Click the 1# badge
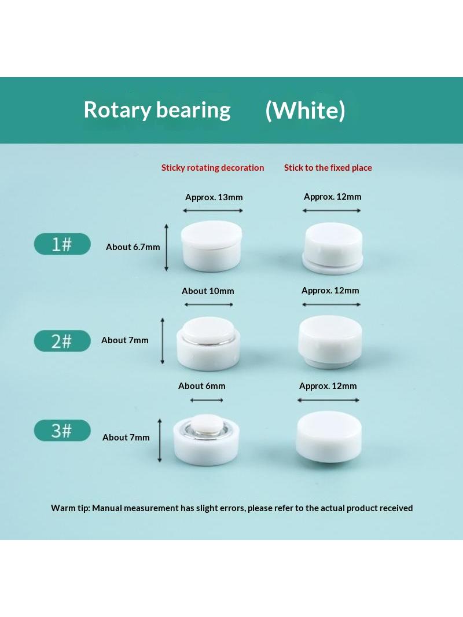62,244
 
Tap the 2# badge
62,341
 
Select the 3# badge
62,431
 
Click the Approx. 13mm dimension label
214,197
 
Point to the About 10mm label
208,291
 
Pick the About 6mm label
202,386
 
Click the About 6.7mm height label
133,247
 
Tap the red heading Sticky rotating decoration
213,168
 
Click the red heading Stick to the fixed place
328,168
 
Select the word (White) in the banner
305,110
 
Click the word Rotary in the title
117,110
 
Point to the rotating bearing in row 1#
212,246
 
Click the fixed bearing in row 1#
333,248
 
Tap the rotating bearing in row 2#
208,344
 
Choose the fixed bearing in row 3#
329,436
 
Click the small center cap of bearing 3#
207,424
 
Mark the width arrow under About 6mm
207,400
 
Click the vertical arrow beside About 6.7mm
167,248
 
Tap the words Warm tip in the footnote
70,508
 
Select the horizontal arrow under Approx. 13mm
213,211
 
